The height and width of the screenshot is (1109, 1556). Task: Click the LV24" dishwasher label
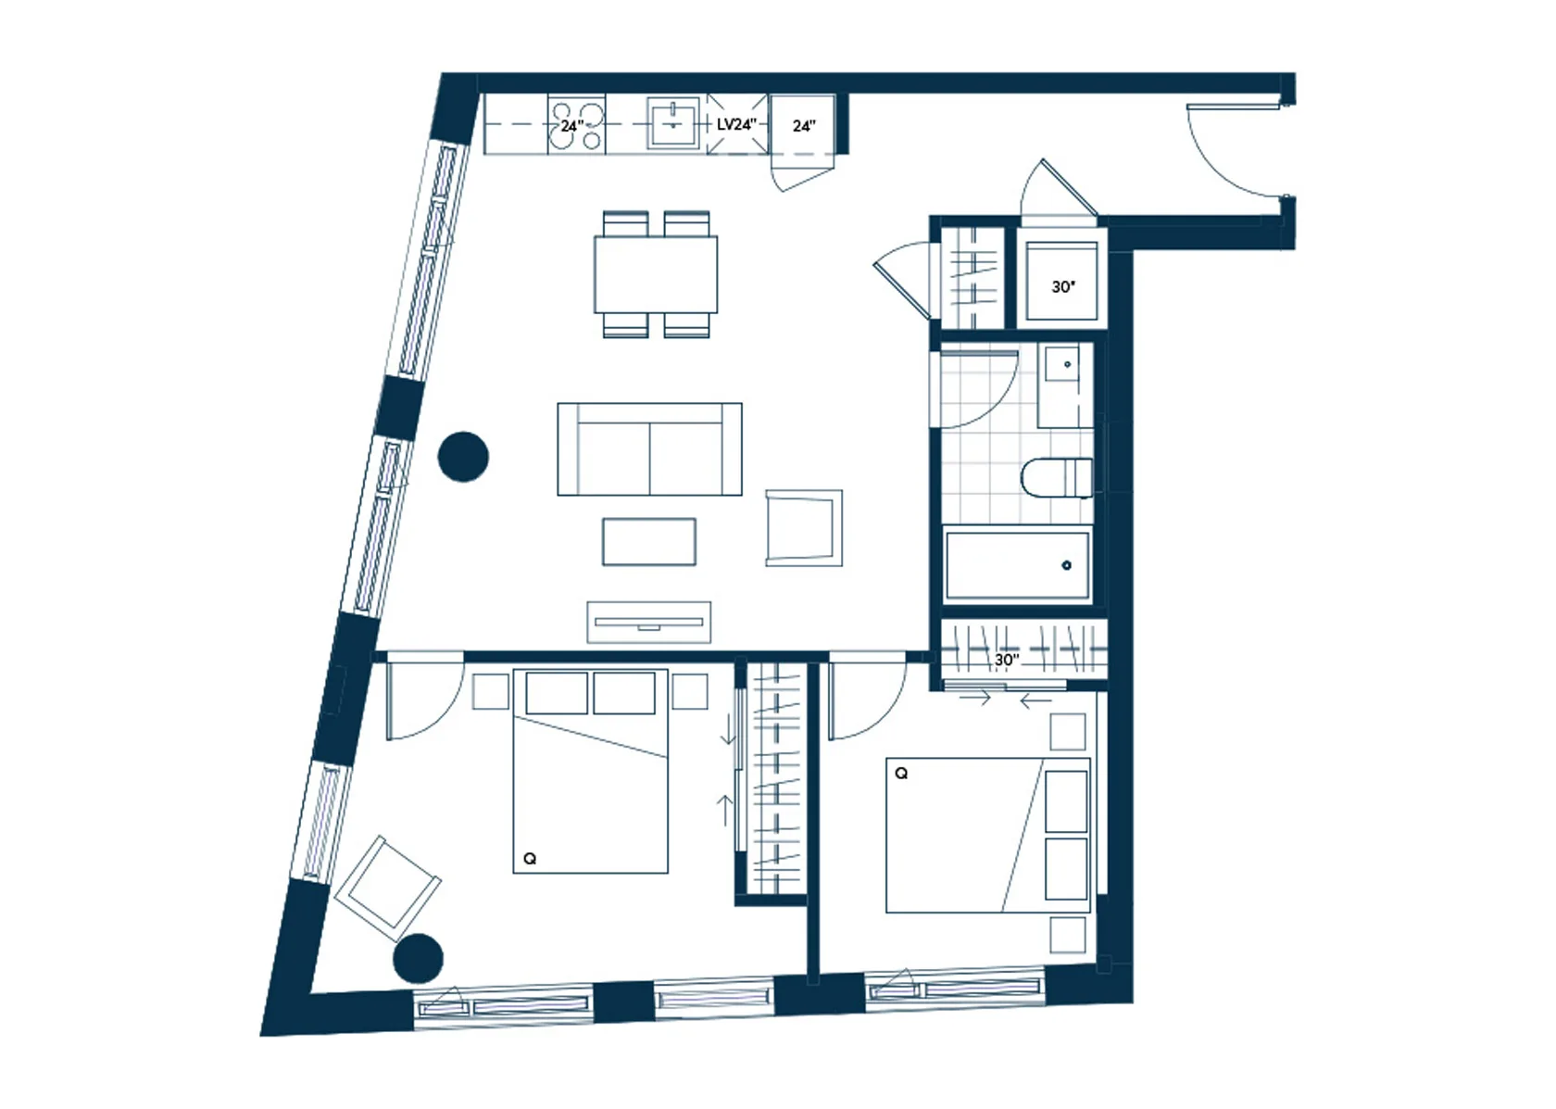(x=736, y=124)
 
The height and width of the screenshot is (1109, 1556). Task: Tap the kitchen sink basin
(x=673, y=124)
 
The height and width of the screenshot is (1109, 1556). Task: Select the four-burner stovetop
(x=576, y=125)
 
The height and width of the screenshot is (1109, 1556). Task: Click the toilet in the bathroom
(x=1057, y=477)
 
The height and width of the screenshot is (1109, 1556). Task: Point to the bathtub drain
(x=1066, y=565)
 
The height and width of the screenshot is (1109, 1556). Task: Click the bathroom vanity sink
(x=1065, y=385)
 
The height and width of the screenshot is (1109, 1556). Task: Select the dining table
(x=656, y=274)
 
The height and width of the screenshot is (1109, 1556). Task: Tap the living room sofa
(x=649, y=448)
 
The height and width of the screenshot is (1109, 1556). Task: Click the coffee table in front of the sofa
(x=648, y=541)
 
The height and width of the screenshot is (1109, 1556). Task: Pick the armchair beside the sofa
(x=804, y=527)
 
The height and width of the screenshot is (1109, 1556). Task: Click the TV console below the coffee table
(x=648, y=622)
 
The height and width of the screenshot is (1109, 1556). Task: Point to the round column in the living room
(x=463, y=457)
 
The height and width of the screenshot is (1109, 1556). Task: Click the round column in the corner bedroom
(x=418, y=958)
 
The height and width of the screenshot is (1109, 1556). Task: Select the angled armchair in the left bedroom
(x=387, y=888)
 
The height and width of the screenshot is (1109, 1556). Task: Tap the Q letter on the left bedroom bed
(x=530, y=859)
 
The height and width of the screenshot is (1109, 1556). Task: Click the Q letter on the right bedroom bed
(x=901, y=774)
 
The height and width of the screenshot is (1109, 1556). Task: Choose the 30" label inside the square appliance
(x=1063, y=286)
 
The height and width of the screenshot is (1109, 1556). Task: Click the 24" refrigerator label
(x=804, y=126)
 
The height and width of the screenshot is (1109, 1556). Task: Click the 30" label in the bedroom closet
(x=1007, y=660)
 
